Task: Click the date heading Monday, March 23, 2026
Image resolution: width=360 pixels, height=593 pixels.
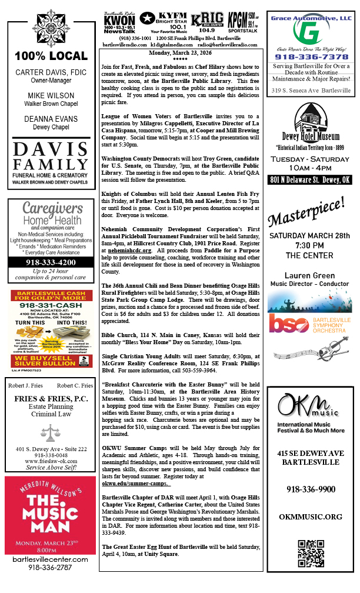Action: coord(180,53)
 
